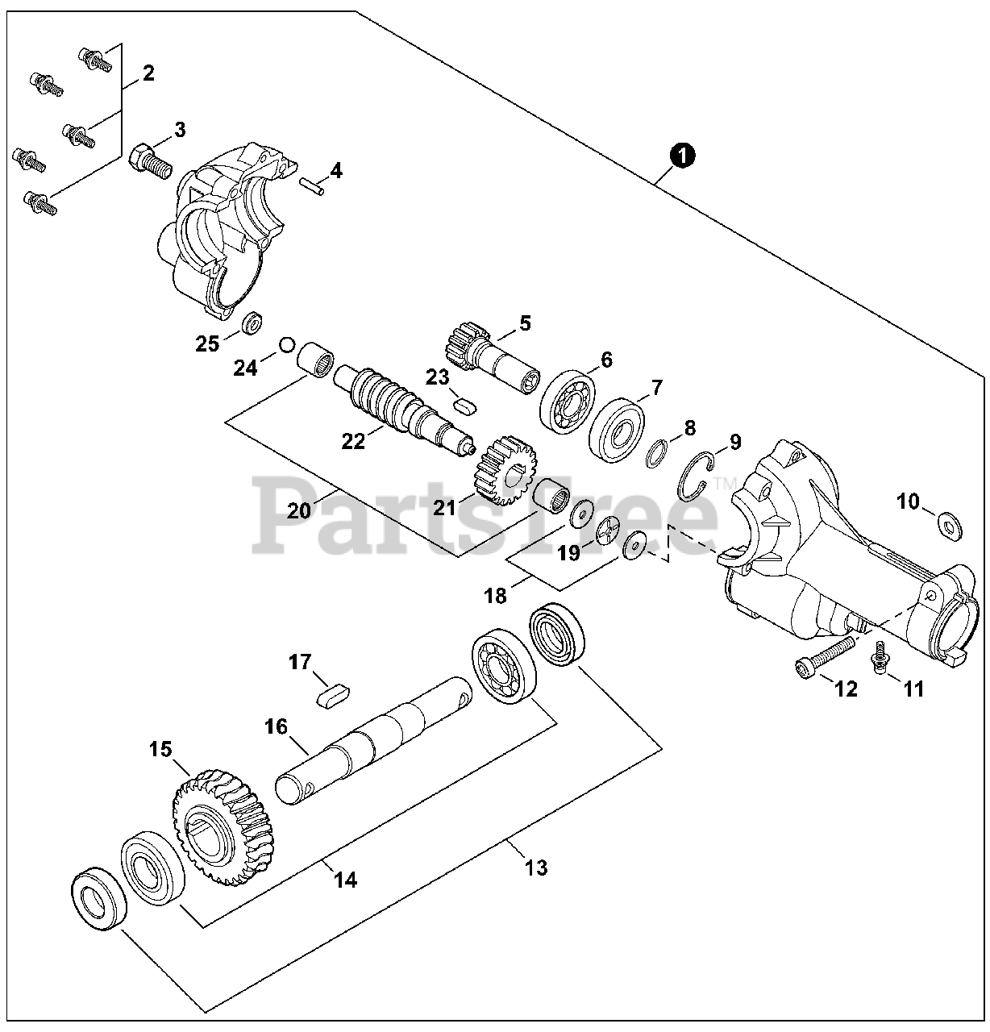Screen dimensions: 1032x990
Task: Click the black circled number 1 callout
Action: pyautogui.click(x=682, y=155)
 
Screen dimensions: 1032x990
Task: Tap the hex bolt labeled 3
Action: pyautogui.click(x=148, y=160)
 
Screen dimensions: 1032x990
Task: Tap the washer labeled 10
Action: pyautogui.click(x=951, y=526)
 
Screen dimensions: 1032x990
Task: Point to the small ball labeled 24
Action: pyautogui.click(x=285, y=345)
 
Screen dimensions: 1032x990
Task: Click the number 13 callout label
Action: pyautogui.click(x=536, y=868)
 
